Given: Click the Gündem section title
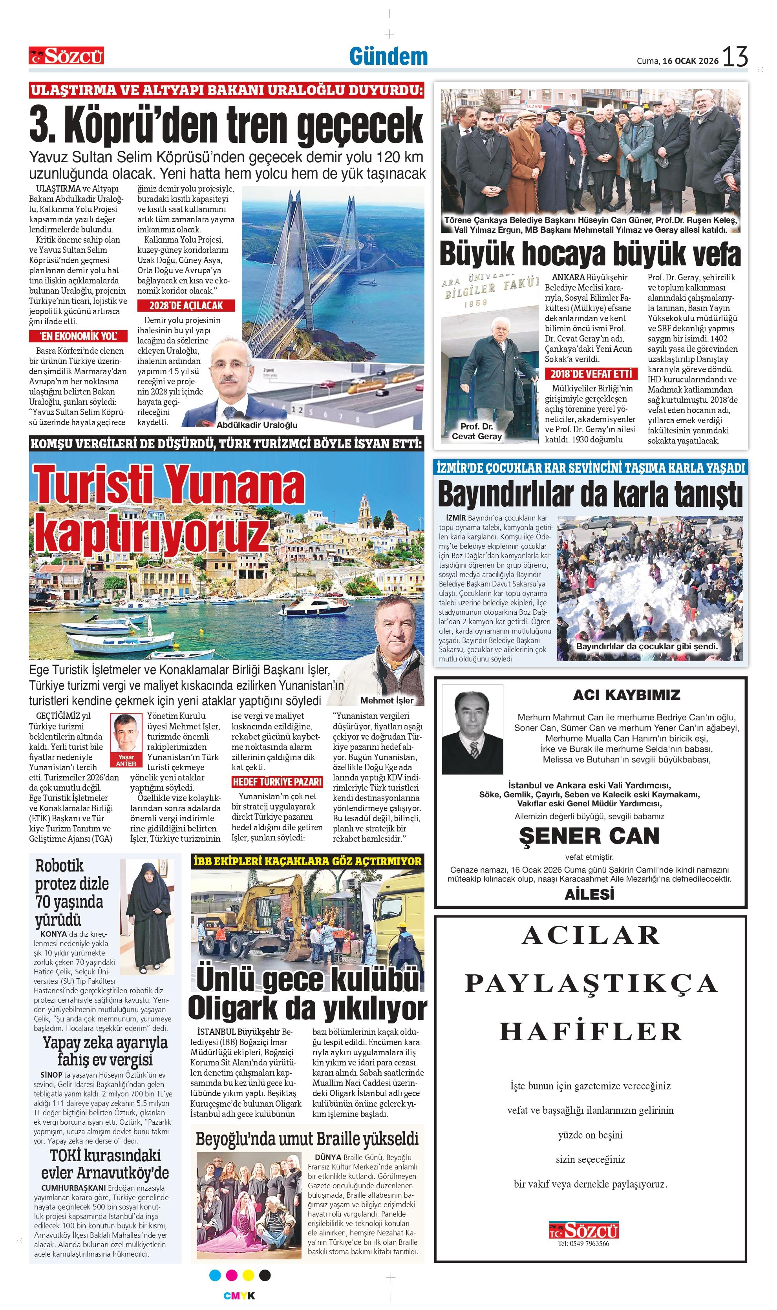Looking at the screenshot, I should tap(389, 57).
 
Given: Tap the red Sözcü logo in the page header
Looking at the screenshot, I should tap(66, 55).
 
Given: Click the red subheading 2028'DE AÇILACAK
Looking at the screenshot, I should tap(186, 306).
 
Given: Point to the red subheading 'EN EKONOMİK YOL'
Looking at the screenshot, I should tap(79, 336).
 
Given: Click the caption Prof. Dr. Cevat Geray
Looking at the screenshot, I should tap(477, 431).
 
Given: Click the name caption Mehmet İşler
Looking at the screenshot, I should tap(386, 701).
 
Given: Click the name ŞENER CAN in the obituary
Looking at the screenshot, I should tap(589, 836).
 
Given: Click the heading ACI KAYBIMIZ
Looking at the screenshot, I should tap(626, 695).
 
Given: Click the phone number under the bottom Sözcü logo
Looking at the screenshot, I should tap(583, 1244).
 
